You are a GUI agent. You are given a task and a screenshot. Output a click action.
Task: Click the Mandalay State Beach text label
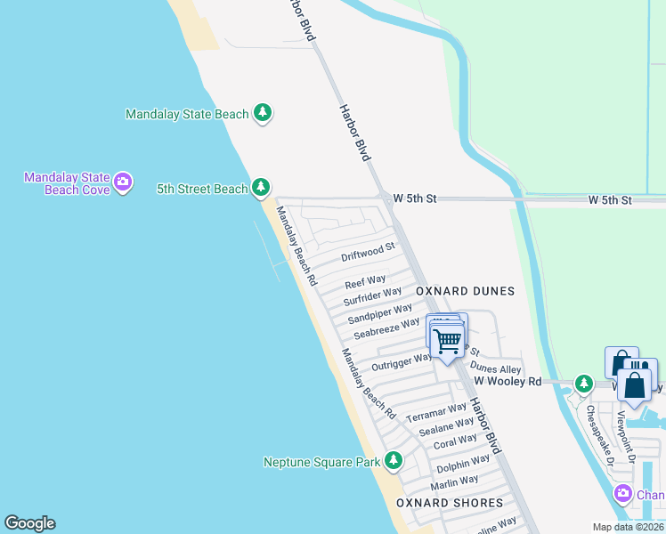[187, 114]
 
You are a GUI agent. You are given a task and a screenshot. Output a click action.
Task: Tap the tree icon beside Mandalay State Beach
[262, 113]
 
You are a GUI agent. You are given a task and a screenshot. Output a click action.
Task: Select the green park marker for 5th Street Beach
[260, 188]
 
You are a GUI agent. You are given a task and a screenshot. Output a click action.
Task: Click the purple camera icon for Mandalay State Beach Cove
[123, 183]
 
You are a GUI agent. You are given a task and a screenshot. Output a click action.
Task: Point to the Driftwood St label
[368, 253]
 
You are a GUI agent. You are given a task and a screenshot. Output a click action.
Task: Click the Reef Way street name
[365, 282]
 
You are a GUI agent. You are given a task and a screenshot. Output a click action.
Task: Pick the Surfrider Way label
[372, 296]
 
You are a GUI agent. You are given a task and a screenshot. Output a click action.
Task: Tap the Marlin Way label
[454, 482]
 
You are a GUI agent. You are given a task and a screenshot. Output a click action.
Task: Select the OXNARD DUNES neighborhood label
[465, 291]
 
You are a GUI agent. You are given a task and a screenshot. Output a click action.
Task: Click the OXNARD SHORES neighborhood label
[450, 503]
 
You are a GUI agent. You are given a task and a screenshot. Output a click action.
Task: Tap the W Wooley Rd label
[508, 381]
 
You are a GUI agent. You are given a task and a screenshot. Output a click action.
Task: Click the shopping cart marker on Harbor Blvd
[447, 339]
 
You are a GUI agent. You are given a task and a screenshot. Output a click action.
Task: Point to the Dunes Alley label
[495, 368]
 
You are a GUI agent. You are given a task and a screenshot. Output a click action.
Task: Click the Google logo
[29, 523]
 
